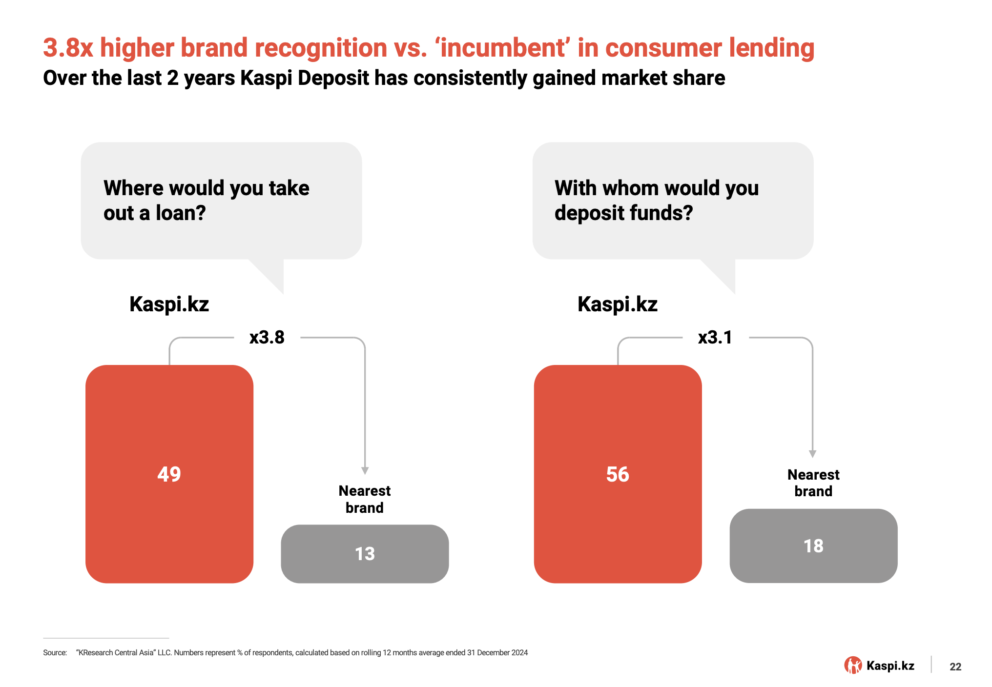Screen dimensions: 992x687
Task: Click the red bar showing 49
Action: pyautogui.click(x=169, y=474)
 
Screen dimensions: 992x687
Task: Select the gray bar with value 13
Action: pyautogui.click(x=365, y=554)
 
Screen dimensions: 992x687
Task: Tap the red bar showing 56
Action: pyautogui.click(x=618, y=474)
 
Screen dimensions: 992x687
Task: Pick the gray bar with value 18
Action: pyautogui.click(x=813, y=546)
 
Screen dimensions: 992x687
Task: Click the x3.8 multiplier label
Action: pyautogui.click(x=267, y=337)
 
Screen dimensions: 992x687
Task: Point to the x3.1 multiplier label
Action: pyautogui.click(x=715, y=337)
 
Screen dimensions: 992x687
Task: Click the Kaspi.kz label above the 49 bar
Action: pyautogui.click(x=169, y=304)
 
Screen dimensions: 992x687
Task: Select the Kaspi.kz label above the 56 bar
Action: pyautogui.click(x=618, y=304)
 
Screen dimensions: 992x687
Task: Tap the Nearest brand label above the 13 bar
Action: pyautogui.click(x=365, y=499)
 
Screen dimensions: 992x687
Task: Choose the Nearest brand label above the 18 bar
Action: pyautogui.click(x=813, y=483)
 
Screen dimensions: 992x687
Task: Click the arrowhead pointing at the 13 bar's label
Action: pyautogui.click(x=365, y=471)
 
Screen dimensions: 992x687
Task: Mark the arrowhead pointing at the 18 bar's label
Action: pyautogui.click(x=812, y=454)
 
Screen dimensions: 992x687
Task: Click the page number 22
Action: pyautogui.click(x=955, y=667)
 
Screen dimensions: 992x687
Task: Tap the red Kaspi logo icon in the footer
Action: pyautogui.click(x=853, y=665)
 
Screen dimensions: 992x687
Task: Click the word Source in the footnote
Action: pyautogui.click(x=55, y=653)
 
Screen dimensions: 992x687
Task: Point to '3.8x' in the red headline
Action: pyautogui.click(x=68, y=48)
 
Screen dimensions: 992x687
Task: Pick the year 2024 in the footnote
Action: pyautogui.click(x=520, y=653)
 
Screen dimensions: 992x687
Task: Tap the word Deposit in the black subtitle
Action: pyautogui.click(x=333, y=78)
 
